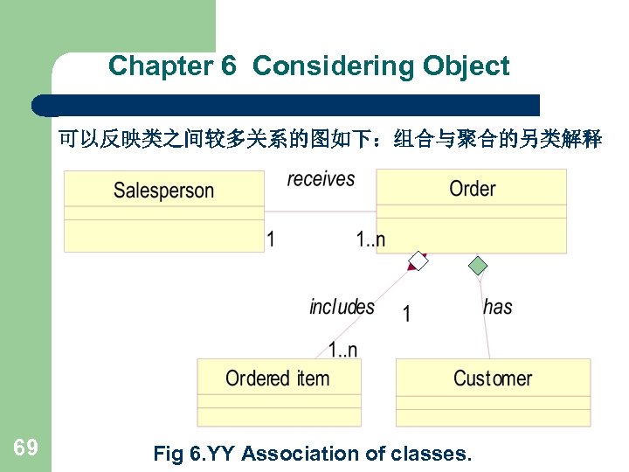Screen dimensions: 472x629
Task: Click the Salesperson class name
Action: click(x=163, y=190)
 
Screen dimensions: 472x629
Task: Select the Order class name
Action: click(x=472, y=188)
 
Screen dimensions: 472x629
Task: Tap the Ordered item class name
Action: click(x=278, y=378)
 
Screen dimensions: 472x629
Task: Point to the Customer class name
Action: click(x=493, y=378)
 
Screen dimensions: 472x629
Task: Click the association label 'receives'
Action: click(x=321, y=179)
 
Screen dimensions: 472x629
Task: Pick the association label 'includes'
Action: click(x=342, y=307)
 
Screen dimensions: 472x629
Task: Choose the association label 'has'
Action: click(x=497, y=307)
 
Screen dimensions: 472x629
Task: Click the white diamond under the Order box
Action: click(x=419, y=261)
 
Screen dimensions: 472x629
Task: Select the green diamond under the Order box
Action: click(x=477, y=265)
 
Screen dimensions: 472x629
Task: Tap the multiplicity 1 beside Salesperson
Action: click(x=271, y=239)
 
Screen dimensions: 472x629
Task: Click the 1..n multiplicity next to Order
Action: click(x=370, y=239)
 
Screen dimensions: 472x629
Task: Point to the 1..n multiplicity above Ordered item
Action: click(x=342, y=350)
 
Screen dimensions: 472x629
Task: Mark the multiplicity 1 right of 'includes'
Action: click(x=406, y=314)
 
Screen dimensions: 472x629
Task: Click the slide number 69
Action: click(x=25, y=448)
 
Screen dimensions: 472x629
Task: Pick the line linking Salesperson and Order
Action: click(x=320, y=212)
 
